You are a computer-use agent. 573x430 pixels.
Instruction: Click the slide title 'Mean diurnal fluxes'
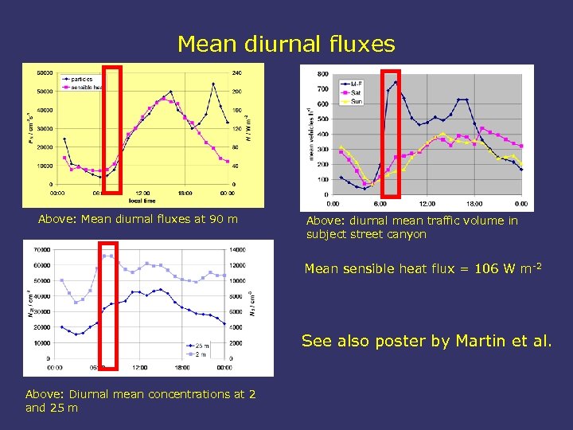[286, 44]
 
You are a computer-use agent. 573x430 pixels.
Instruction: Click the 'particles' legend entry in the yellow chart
[82, 79]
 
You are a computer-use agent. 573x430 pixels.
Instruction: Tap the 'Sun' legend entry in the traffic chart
[356, 101]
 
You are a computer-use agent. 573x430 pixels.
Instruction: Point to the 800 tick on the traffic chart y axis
[323, 74]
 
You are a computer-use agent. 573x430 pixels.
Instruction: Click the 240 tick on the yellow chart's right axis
[237, 72]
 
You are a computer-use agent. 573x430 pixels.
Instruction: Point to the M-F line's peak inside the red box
[396, 82]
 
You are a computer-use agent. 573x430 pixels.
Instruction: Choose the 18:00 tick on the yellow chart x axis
[185, 193]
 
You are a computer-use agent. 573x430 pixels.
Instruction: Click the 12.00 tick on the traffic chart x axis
[427, 204]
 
